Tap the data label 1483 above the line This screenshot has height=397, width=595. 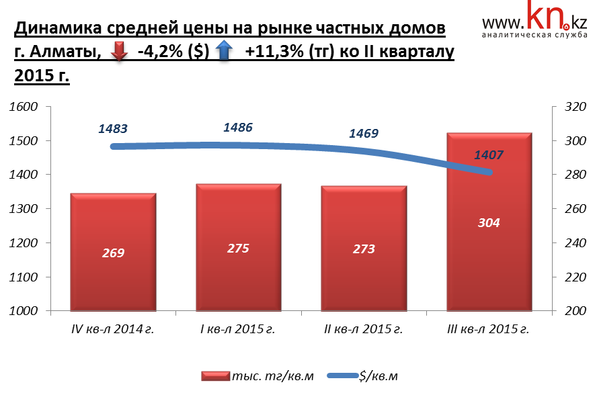(x=113, y=128)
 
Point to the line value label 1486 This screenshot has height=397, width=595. (x=238, y=127)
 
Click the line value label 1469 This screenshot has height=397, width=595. (x=364, y=133)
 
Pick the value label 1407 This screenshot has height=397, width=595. (x=489, y=155)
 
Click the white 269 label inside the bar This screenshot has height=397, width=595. (x=113, y=253)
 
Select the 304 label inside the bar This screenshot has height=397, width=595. (x=489, y=222)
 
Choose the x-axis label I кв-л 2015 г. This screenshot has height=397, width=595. (x=238, y=329)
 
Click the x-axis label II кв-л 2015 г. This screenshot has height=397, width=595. (x=364, y=329)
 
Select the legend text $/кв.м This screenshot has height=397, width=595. (x=379, y=376)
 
